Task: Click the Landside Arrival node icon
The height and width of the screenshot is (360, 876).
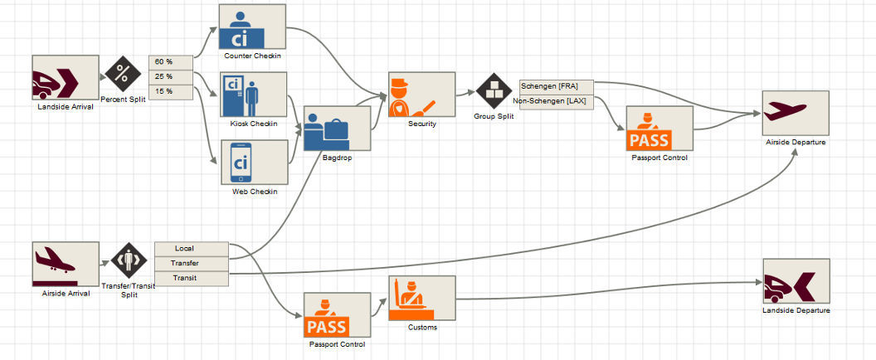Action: [65, 78]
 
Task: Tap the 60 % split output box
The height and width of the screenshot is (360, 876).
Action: [171, 62]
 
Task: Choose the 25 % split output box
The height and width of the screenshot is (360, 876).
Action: [171, 76]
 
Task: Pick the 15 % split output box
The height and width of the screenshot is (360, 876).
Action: [171, 90]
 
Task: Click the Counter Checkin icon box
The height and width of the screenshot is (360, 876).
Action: [252, 27]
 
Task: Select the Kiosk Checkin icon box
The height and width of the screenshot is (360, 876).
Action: [253, 95]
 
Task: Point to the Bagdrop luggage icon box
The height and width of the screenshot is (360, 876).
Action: [337, 129]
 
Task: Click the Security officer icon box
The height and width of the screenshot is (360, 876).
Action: [421, 95]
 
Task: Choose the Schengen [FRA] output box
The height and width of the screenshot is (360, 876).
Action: [556, 86]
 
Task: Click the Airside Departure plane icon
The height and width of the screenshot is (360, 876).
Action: [795, 113]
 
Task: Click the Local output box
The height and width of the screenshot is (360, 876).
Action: [191, 248]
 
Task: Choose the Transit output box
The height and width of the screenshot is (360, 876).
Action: [191, 278]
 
